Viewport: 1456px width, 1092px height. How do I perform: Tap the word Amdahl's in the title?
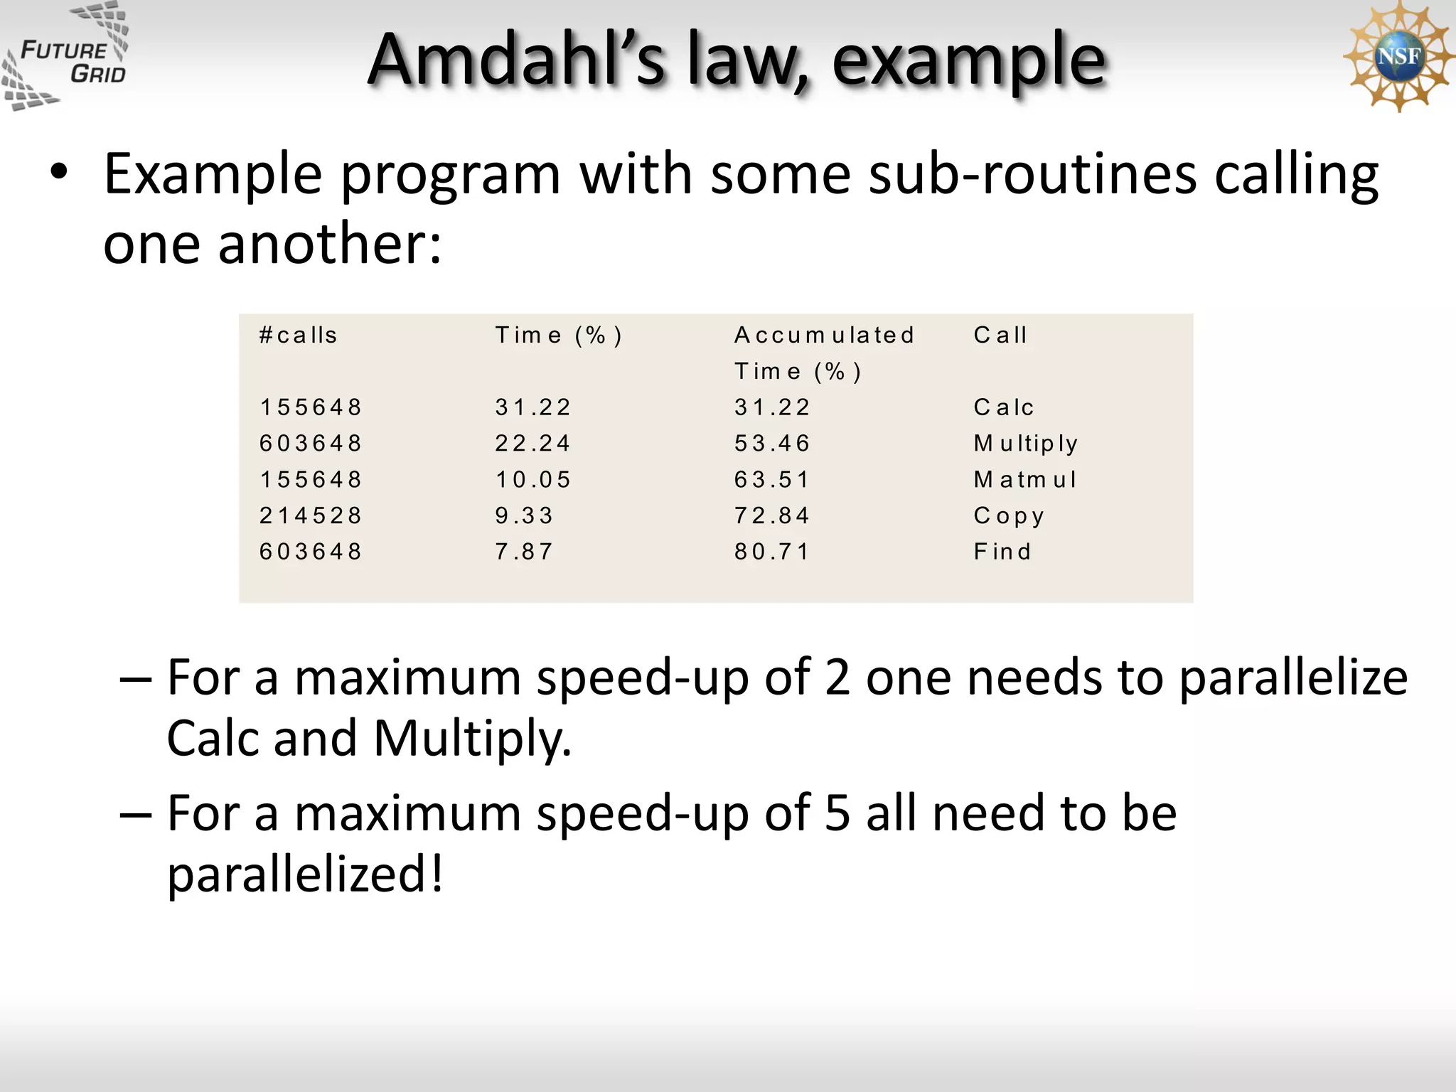(x=518, y=60)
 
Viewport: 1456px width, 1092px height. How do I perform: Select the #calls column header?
(x=299, y=335)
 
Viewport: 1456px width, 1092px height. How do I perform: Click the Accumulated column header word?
(x=824, y=335)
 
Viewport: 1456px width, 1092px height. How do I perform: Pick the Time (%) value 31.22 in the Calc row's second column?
(x=533, y=407)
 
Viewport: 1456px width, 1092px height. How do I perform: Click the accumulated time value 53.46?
(x=772, y=444)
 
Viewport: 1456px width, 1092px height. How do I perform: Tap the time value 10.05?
(x=533, y=480)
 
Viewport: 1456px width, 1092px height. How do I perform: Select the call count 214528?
(x=311, y=515)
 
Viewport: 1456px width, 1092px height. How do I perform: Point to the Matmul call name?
(x=1025, y=480)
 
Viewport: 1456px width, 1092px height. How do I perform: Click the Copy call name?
(x=1009, y=516)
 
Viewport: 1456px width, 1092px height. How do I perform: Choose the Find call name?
(x=1002, y=552)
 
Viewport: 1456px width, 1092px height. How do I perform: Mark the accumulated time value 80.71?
(x=772, y=552)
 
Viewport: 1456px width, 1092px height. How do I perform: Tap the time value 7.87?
(x=524, y=552)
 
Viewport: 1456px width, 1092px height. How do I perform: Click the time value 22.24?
(x=533, y=444)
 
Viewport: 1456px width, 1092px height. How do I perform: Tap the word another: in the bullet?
(x=330, y=244)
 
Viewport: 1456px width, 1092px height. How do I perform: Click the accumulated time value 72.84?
(x=772, y=515)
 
